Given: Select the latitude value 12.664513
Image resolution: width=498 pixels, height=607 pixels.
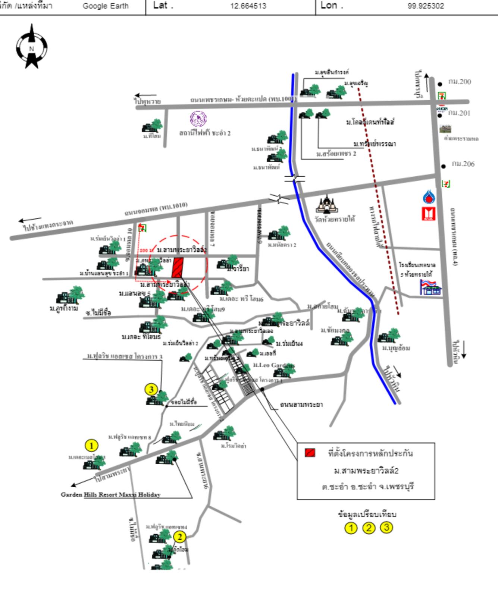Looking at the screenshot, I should (248, 6).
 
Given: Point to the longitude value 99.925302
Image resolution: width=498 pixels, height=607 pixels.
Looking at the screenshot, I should (426, 6).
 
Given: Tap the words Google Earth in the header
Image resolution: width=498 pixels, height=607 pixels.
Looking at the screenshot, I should (106, 6).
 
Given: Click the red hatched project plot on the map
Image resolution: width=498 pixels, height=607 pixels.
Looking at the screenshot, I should (178, 267).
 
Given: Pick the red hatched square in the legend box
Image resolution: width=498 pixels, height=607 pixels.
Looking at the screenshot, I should (310, 453).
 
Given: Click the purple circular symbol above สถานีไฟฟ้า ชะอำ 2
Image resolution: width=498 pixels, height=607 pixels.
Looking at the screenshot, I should (198, 119).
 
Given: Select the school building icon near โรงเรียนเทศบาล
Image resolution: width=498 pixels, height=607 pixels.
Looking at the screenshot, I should (431, 287).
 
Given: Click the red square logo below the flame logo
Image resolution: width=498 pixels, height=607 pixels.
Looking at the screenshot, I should (429, 214).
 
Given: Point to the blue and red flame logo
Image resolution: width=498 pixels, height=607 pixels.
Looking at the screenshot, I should (429, 197).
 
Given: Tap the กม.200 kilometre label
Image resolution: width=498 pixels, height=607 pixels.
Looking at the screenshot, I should (460, 82).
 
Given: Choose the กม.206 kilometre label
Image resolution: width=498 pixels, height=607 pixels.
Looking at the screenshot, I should (463, 164).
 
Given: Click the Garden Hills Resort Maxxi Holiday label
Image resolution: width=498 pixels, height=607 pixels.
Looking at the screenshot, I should (111, 495).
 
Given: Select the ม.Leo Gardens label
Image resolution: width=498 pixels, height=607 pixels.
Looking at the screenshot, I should (274, 365).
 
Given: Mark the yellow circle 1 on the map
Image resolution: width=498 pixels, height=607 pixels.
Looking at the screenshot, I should (91, 445).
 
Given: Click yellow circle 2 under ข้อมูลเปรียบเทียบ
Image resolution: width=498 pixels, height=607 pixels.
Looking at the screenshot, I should (369, 528).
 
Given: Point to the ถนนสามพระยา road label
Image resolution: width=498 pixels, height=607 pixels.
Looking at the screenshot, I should (301, 404).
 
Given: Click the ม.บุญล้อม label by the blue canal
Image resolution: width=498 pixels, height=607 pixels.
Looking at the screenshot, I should (396, 348).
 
